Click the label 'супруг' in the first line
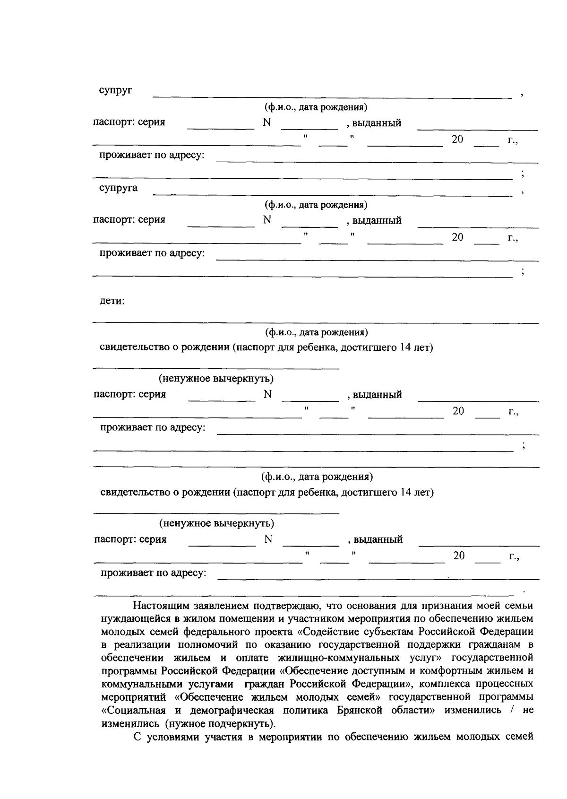[x=115, y=90]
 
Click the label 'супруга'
[x=118, y=188]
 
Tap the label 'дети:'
[x=112, y=301]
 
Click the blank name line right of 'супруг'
[x=331, y=94]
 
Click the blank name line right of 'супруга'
[x=331, y=191]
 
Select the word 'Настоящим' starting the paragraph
[x=160, y=605]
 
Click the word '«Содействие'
[x=326, y=632]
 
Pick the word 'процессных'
[x=509, y=684]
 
